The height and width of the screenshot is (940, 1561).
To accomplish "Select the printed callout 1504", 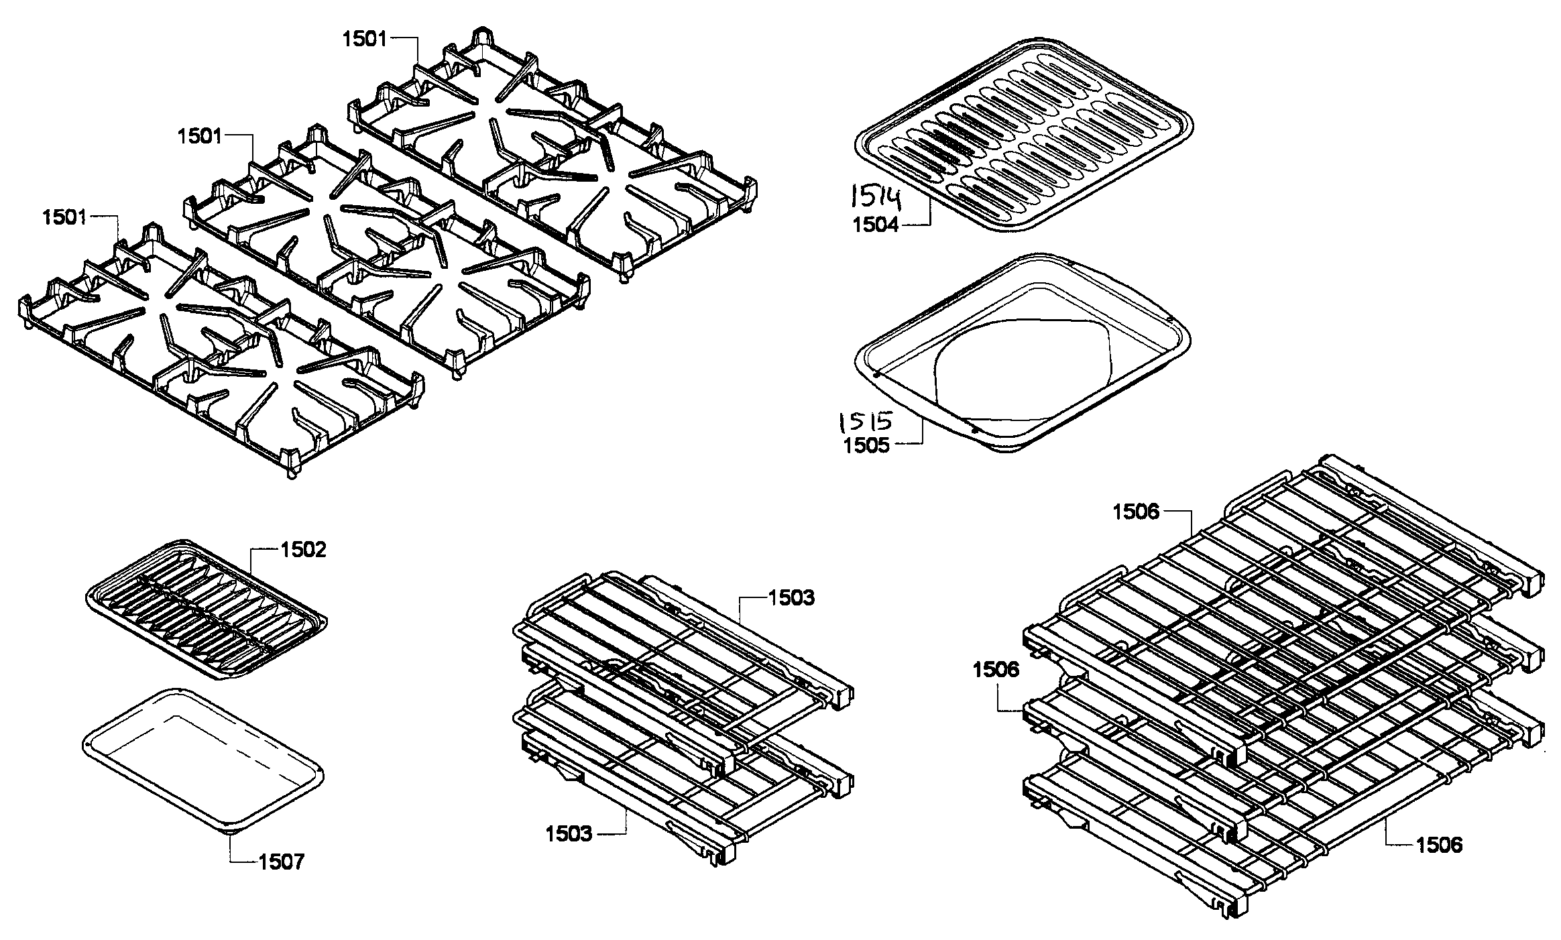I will coord(875,225).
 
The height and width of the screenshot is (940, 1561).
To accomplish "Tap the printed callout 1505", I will coord(866,446).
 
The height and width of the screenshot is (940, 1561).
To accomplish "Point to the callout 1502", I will coord(303,550).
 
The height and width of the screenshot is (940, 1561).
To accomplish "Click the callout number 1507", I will coord(282,862).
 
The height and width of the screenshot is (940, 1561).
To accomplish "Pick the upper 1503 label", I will coord(792,597).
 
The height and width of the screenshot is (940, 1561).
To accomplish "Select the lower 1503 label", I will coord(569,834).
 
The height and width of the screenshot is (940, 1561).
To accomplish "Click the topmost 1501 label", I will coord(365,39).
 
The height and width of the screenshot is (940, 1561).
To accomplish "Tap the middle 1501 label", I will coord(199,136).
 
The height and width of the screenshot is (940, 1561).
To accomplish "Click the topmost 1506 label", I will coord(1135,512).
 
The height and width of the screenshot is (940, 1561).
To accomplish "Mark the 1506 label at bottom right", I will coord(1439,845).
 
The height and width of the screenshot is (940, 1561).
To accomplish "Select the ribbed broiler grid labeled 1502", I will coord(205,610).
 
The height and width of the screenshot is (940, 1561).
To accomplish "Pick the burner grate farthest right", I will coord(550,154).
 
